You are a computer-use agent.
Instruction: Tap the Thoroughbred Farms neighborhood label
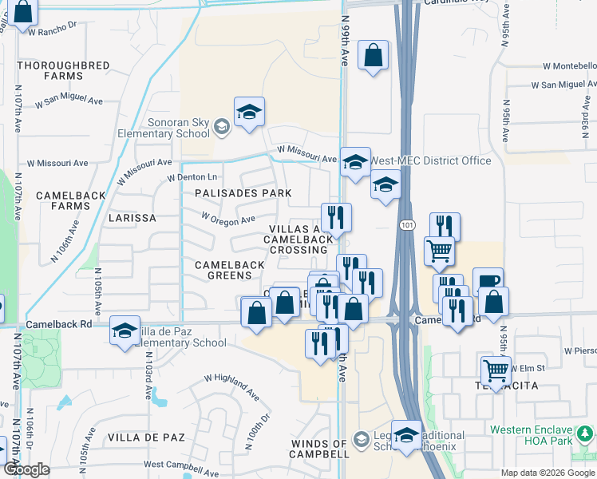pyautogui.click(x=49, y=70)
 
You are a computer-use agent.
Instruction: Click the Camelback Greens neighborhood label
pyautogui.click(x=229, y=269)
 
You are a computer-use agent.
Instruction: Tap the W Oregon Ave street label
pyautogui.click(x=227, y=217)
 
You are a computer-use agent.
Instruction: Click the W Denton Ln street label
pyautogui.click(x=192, y=177)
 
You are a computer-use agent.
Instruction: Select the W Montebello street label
pyautogui.click(x=563, y=67)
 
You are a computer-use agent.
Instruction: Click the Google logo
pyautogui.click(x=26, y=469)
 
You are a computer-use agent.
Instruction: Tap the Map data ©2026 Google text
pyautogui.click(x=547, y=473)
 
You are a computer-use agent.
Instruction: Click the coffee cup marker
pyautogui.click(x=488, y=282)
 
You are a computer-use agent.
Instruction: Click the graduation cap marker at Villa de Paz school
pyautogui.click(x=125, y=331)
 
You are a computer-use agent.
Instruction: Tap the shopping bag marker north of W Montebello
pyautogui.click(x=373, y=56)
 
